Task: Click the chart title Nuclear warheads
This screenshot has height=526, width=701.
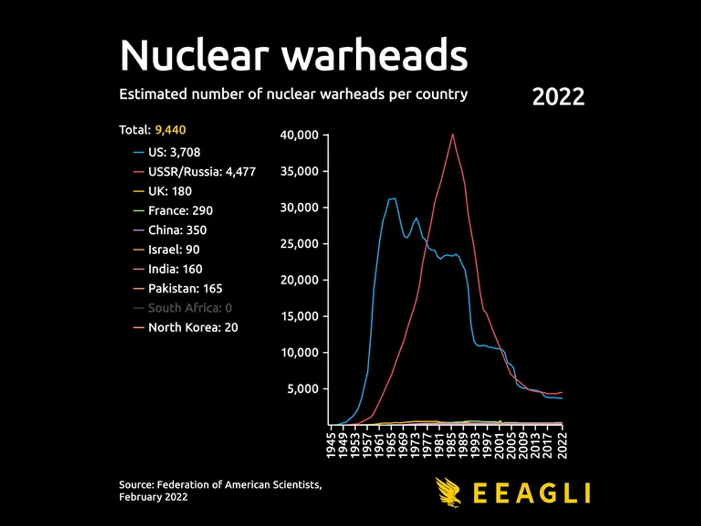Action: tap(293, 55)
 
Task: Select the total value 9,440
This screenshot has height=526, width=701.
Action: tap(170, 130)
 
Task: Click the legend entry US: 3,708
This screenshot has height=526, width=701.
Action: tap(173, 153)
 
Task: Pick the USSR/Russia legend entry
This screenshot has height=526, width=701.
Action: tap(202, 172)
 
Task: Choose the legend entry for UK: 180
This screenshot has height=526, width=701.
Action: tap(169, 191)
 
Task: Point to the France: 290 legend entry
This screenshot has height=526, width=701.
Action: tap(180, 210)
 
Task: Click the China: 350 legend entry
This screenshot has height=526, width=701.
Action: tap(177, 230)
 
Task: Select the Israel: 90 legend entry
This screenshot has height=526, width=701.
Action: tap(173, 250)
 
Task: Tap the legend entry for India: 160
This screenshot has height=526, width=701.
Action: tap(175, 269)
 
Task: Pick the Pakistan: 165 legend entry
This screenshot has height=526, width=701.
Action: tap(185, 288)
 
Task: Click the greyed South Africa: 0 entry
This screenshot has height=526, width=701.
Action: tap(190, 308)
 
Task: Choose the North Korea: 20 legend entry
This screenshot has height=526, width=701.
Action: tap(193, 327)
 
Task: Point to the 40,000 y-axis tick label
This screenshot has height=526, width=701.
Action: tap(300, 136)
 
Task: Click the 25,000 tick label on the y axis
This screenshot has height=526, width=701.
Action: tap(300, 244)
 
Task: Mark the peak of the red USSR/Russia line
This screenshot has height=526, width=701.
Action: tap(452, 134)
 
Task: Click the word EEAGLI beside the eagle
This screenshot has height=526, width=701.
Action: tap(530, 493)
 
